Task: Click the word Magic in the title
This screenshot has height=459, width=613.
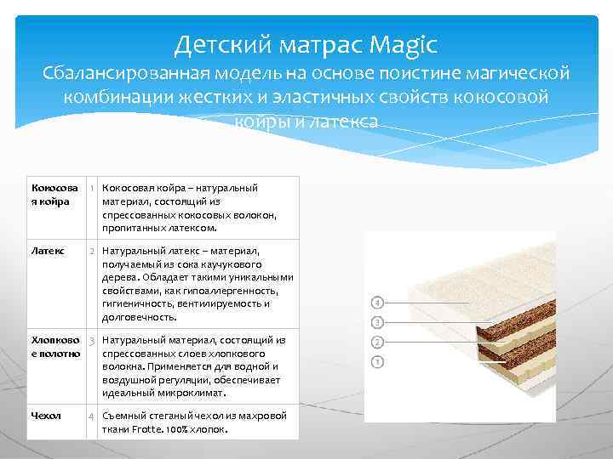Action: coord(402,42)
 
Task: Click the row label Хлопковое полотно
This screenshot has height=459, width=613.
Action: coord(55,346)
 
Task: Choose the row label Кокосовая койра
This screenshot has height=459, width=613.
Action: coord(54,194)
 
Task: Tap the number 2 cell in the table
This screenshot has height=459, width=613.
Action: coord(92,252)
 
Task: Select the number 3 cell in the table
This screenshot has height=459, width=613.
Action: coord(92,340)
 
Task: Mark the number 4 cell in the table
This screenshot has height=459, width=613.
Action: coord(92,416)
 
